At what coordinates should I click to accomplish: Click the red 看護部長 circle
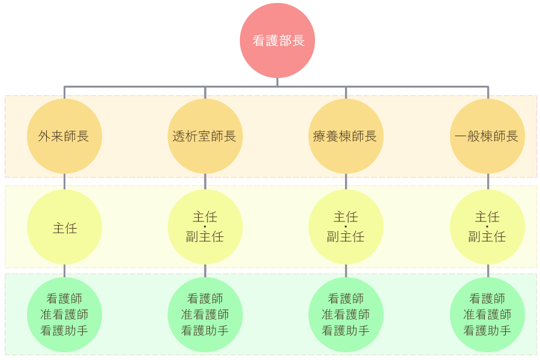click(277, 41)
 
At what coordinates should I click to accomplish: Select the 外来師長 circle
click(64, 136)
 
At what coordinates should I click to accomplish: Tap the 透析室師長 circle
click(205, 136)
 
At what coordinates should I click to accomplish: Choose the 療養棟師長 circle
click(346, 136)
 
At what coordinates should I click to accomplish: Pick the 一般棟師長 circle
click(487, 136)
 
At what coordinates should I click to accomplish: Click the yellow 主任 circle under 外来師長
click(64, 227)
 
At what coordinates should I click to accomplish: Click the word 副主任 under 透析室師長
click(205, 236)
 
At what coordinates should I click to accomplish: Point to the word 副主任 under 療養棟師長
click(346, 236)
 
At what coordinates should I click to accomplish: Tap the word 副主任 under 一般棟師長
click(487, 236)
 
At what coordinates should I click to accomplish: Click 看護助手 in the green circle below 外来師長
click(64, 330)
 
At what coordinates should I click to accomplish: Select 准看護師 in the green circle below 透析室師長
click(205, 314)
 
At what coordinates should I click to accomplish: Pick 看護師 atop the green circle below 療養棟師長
click(346, 299)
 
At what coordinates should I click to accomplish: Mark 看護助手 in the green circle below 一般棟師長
click(487, 330)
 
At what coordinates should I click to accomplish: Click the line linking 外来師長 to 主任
click(64, 182)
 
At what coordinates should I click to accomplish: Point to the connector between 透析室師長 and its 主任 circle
click(205, 182)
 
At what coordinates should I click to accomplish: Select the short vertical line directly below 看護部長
click(277, 82)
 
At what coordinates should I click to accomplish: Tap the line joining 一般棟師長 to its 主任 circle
click(487, 182)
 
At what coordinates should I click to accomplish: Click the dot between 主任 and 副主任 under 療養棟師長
click(346, 227)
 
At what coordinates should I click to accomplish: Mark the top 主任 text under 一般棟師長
click(487, 217)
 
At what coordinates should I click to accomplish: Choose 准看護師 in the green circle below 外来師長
click(64, 314)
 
